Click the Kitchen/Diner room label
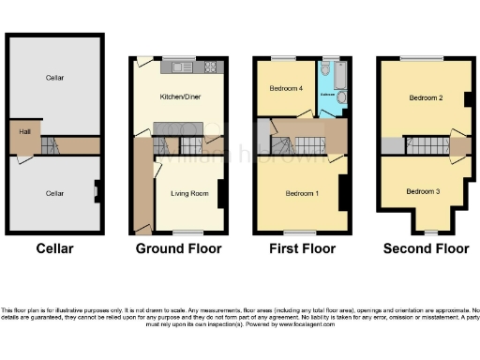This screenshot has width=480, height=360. click(178, 97)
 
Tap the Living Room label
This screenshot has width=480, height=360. click(188, 194)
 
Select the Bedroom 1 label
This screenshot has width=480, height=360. click(302, 193)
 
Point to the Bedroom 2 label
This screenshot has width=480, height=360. click(426, 97)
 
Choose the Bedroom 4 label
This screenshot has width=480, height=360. click(287, 89)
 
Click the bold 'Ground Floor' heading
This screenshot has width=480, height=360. click(178, 248)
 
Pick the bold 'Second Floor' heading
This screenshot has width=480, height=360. click(426, 248)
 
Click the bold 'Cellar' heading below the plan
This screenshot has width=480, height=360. click(54, 248)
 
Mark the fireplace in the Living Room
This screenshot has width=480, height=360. click(221, 193)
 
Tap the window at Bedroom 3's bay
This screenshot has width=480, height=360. click(428, 231)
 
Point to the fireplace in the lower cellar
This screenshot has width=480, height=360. click(97, 194)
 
